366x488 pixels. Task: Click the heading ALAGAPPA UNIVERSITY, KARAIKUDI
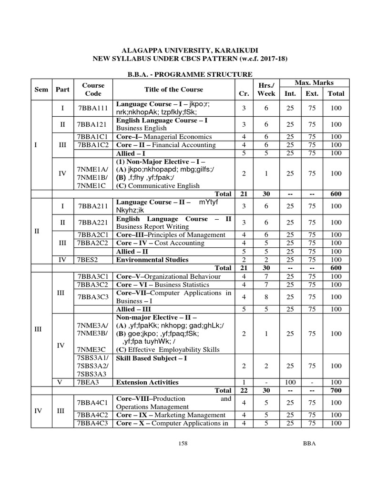click(183, 50)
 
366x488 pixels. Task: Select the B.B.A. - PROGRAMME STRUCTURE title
click(183, 74)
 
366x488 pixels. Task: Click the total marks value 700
click(335, 390)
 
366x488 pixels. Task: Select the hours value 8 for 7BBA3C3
click(266, 297)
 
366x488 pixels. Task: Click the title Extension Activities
click(148, 382)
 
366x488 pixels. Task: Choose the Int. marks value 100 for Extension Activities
click(290, 382)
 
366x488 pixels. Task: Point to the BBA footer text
click(309, 443)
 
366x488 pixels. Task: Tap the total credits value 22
click(244, 390)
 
